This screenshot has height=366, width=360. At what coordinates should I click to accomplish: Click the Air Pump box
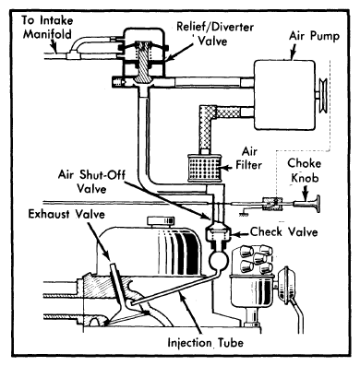click(x=284, y=95)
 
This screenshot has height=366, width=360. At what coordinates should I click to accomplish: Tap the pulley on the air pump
click(x=323, y=96)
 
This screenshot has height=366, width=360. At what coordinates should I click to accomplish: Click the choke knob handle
click(x=307, y=204)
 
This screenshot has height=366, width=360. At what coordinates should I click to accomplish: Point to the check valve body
click(x=218, y=232)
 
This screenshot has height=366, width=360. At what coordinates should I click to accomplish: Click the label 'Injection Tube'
click(x=205, y=342)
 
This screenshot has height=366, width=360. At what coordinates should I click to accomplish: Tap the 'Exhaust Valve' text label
click(x=66, y=214)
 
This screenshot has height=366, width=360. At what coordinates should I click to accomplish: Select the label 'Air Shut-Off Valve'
click(x=91, y=182)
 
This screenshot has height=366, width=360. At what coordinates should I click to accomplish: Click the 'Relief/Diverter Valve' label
click(x=215, y=33)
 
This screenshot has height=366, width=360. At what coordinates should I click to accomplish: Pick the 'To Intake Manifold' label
click(x=47, y=27)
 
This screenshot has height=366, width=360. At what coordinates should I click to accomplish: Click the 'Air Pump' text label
click(x=314, y=36)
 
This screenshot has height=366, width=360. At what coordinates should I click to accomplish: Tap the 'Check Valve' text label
click(x=283, y=231)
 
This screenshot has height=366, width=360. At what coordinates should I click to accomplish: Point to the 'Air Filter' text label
click(x=248, y=159)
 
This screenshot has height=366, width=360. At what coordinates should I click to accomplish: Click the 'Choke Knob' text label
click(x=304, y=171)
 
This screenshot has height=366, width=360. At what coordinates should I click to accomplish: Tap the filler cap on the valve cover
click(x=161, y=221)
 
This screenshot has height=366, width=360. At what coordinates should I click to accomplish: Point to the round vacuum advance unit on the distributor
click(x=287, y=283)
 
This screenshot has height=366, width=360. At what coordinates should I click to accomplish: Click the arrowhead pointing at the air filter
click(x=224, y=168)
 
